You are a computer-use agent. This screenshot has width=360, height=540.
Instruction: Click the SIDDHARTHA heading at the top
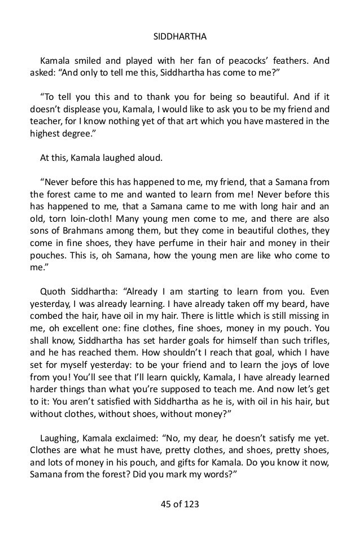tap(180, 38)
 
